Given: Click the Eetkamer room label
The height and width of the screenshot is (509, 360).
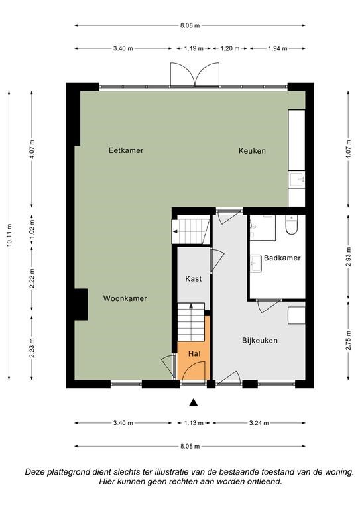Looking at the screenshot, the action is (x=126, y=150).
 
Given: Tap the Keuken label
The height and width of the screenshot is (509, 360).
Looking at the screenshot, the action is (x=252, y=150).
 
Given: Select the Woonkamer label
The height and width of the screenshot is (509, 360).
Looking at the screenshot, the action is (x=125, y=298).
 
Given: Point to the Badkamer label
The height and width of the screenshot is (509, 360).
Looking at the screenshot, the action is (x=282, y=258).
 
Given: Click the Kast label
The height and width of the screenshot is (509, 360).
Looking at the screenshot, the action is (x=194, y=279).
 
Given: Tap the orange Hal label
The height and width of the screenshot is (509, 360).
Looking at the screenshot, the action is (x=194, y=354).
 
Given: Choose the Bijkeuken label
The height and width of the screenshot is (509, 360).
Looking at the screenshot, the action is (x=260, y=341).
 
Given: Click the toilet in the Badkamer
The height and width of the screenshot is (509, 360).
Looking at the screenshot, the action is (x=292, y=225).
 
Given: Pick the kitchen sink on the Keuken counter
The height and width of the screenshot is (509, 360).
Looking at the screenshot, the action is (x=297, y=180).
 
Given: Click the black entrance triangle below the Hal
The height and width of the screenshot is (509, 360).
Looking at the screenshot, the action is (x=194, y=402).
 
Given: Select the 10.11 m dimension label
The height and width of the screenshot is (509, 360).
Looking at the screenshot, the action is (x=9, y=235).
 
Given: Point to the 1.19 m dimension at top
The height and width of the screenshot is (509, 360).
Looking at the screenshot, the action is (x=194, y=48).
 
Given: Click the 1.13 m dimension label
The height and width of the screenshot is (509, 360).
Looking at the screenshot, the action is (x=194, y=423).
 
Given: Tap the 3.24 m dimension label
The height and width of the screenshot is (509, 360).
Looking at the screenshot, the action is (x=259, y=423).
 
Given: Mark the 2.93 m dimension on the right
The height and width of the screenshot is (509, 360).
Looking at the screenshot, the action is (x=349, y=256).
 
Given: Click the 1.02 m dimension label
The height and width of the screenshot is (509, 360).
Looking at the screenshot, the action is (x=32, y=230).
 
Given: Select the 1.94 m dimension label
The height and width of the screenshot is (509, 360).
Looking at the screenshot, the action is (x=278, y=48).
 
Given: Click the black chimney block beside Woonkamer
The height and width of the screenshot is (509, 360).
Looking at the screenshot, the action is (x=81, y=304).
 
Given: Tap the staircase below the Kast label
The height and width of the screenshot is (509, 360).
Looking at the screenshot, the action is (x=191, y=322).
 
